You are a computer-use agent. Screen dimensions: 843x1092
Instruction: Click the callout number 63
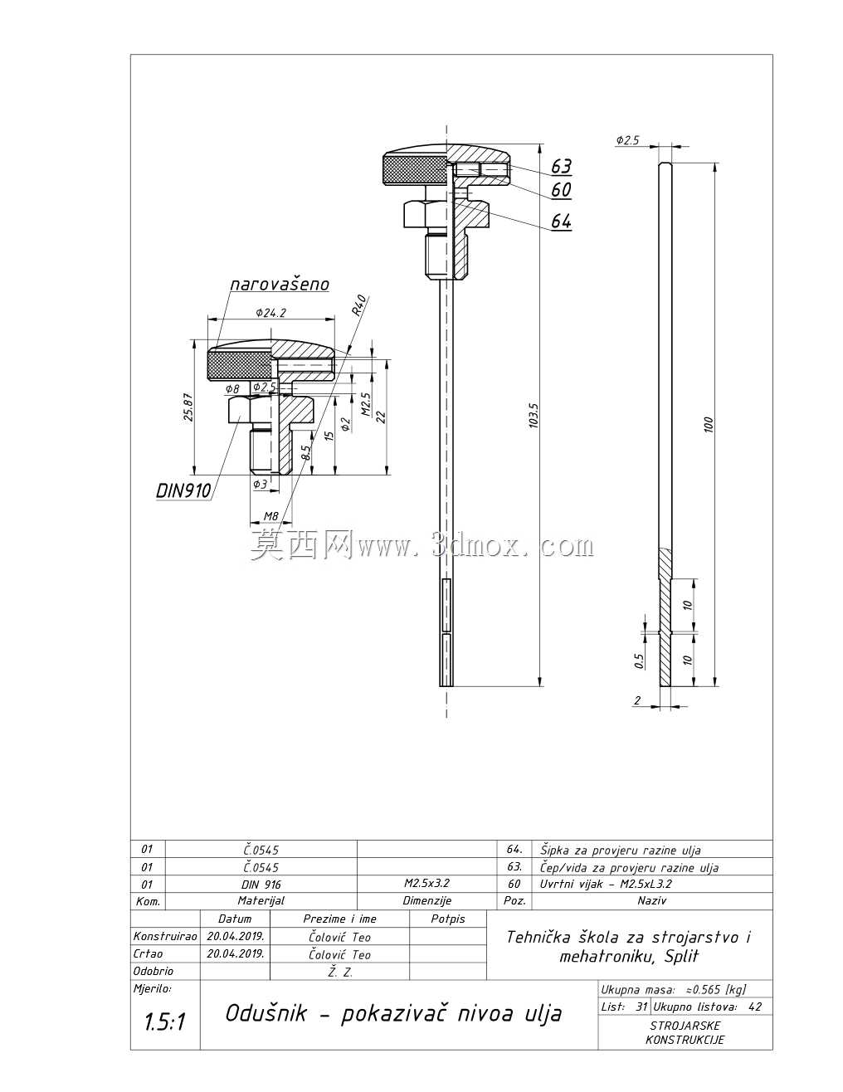pyautogui.click(x=561, y=166)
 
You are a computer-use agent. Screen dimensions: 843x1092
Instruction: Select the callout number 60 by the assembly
pyautogui.click(x=561, y=190)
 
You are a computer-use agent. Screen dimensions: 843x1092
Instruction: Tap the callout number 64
pyautogui.click(x=561, y=221)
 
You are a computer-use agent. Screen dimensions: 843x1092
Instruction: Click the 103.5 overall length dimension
pyautogui.click(x=534, y=416)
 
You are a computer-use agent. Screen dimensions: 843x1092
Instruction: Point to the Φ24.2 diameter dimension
pyautogui.click(x=270, y=313)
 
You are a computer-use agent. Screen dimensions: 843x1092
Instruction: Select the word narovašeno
pyautogui.click(x=280, y=285)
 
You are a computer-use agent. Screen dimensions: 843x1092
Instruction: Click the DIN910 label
pyautogui.click(x=183, y=490)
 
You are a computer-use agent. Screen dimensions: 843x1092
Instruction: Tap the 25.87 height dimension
pyautogui.click(x=188, y=407)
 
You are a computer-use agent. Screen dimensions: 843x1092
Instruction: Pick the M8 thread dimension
pyautogui.click(x=270, y=516)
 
